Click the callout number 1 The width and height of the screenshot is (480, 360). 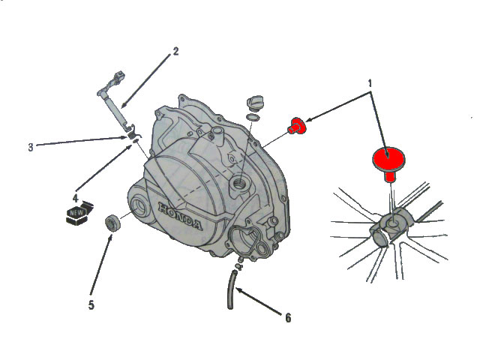370,83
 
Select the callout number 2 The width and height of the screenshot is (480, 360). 175,52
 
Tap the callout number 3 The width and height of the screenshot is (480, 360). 31,147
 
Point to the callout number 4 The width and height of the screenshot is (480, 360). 75,198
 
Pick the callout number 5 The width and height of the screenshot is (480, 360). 91,305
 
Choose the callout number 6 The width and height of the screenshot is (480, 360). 288,318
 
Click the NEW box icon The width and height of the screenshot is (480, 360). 79,213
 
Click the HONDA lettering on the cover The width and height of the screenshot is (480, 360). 180,216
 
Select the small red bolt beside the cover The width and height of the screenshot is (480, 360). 297,125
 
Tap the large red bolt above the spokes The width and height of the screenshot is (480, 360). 388,162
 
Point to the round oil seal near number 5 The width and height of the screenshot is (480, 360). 112,223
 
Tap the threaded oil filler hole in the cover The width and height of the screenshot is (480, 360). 241,184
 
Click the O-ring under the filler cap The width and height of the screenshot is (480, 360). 253,117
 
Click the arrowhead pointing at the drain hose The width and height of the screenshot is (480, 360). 238,289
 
